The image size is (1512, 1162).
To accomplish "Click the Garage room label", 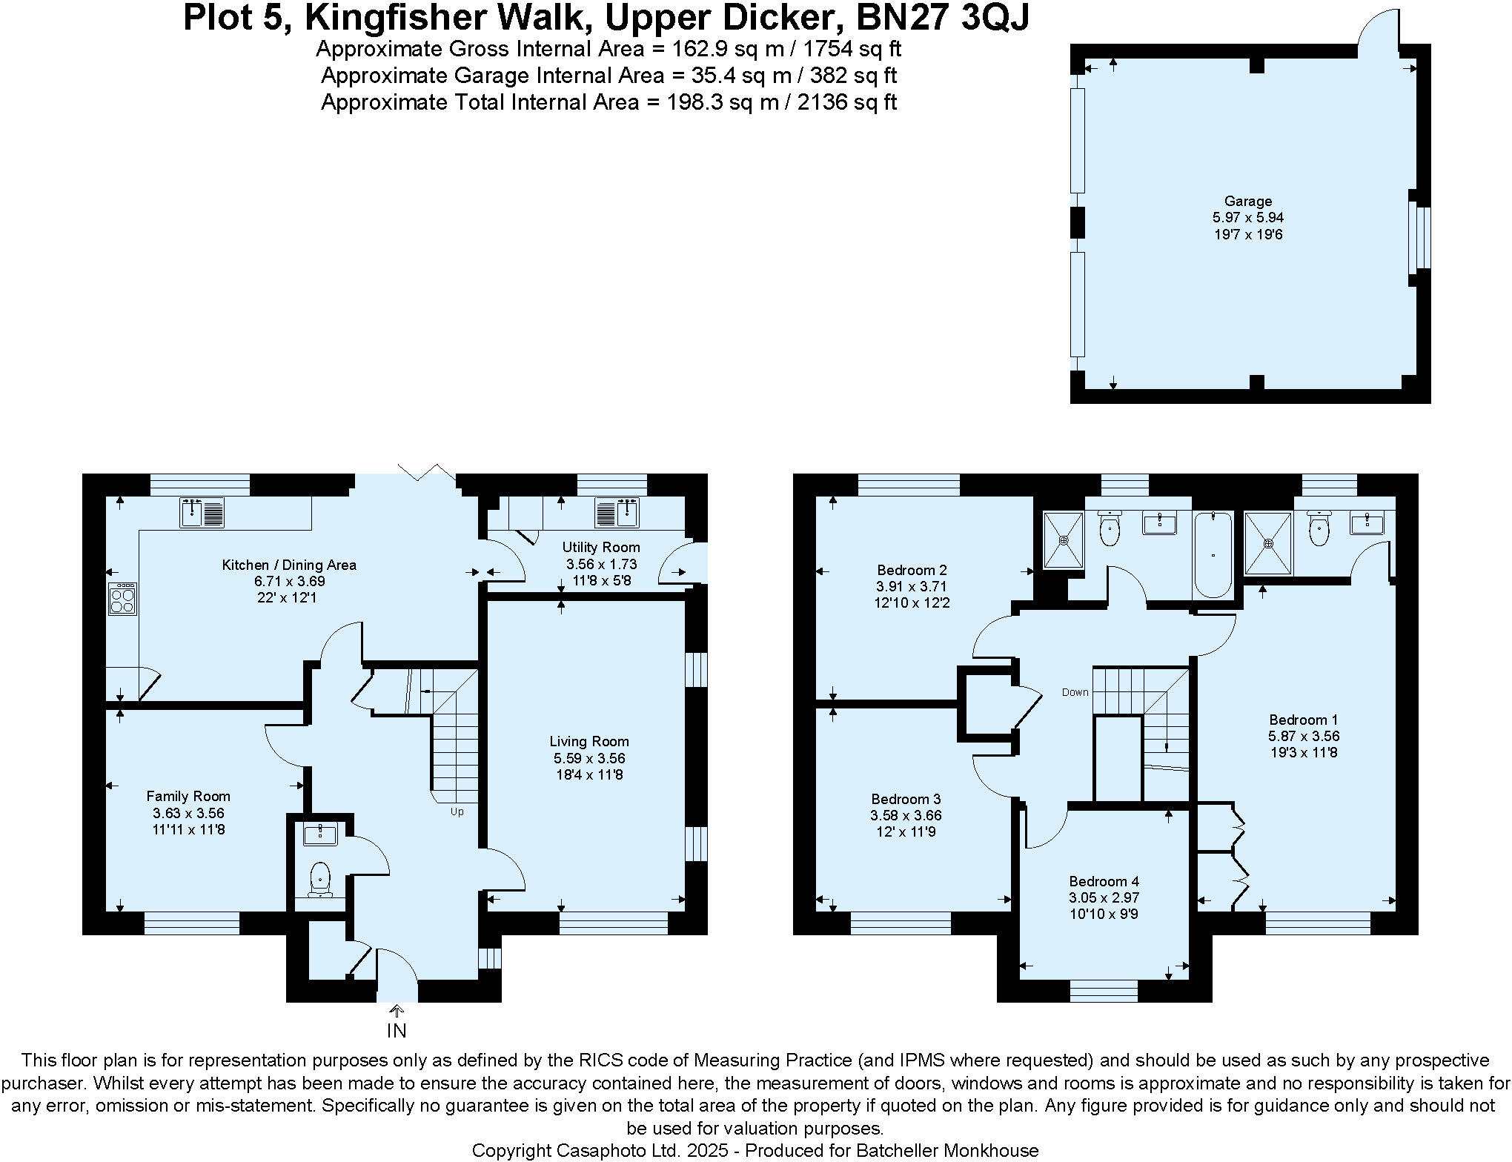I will click(x=1248, y=201).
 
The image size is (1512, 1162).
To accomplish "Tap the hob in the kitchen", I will click(x=123, y=599).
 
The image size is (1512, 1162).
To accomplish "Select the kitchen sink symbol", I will click(x=202, y=514).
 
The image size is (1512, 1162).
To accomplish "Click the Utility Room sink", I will click(x=617, y=512).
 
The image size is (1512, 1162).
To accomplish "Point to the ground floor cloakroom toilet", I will click(x=320, y=877).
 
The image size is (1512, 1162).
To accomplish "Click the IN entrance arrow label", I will click(x=397, y=1030).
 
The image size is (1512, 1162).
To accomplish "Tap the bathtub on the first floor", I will click(x=1213, y=554).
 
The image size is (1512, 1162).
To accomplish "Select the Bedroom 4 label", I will click(x=1104, y=881).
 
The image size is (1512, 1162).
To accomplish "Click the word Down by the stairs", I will click(x=1075, y=692).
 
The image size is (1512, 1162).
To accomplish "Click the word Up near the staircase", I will click(x=457, y=811).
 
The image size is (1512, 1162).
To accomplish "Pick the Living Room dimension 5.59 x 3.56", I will click(x=589, y=758).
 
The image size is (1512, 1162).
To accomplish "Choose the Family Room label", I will click(x=188, y=796).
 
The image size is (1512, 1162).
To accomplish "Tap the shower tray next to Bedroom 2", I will click(x=1064, y=540).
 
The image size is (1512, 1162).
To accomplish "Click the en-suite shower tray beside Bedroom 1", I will click(x=1268, y=543).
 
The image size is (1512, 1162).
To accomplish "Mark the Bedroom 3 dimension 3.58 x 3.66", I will click(x=906, y=815).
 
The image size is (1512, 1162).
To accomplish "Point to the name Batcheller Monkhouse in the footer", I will click(x=947, y=1150).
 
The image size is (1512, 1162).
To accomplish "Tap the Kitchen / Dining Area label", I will click(x=289, y=565).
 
